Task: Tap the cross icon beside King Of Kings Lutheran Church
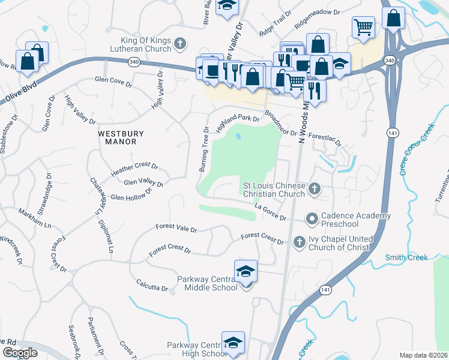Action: click(x=179, y=43)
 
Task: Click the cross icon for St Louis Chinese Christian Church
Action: click(x=313, y=190)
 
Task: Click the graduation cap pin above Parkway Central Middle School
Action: click(x=245, y=272)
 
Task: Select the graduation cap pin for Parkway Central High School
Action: click(x=233, y=343)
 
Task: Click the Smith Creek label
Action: click(x=406, y=257)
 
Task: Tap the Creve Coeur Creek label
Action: click(x=415, y=149)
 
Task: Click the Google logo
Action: click(x=20, y=353)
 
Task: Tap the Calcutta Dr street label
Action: click(x=152, y=284)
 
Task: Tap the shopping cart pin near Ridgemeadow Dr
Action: click(x=363, y=26)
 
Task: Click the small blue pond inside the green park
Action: click(x=239, y=137)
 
